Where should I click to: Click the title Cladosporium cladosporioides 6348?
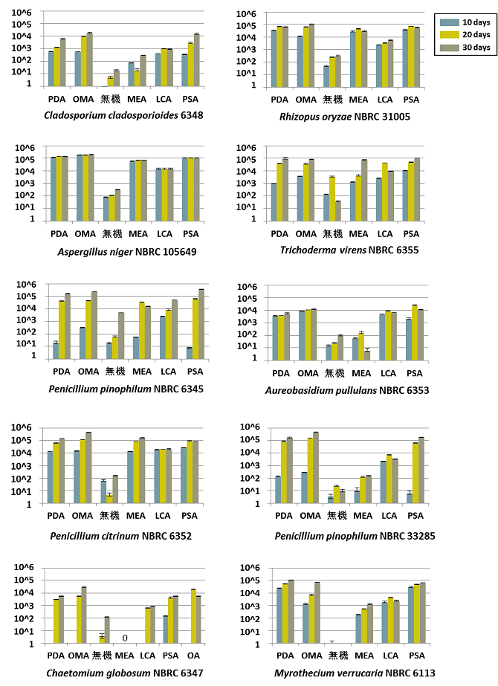click(123, 115)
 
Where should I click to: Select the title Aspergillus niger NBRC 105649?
click(127, 251)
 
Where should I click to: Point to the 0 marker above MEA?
click(125, 638)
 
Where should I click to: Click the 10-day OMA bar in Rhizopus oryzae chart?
click(300, 60)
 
